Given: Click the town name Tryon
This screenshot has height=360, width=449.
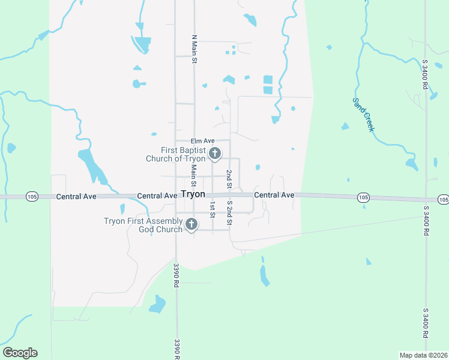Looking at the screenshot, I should tap(193, 195).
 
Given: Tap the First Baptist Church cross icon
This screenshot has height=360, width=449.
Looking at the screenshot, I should tap(214, 155).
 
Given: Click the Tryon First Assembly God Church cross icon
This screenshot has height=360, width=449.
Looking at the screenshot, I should tap(191, 225).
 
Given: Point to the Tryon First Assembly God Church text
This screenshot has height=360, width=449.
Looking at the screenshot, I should tap(143, 225).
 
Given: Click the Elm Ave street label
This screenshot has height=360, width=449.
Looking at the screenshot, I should tap(203, 141).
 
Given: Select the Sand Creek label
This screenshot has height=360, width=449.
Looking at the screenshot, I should tap(363, 115).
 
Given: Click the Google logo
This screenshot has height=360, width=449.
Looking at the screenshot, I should tap(20, 353).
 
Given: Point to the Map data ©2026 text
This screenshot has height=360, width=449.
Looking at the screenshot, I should tap(423, 355).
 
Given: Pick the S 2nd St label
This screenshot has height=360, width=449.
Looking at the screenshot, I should tap(229, 213).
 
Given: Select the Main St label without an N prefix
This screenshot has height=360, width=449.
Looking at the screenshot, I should tap(194, 176).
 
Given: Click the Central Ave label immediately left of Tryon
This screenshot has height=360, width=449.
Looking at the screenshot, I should tap(157, 196).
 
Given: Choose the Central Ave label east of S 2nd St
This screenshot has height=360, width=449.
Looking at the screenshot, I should tap(274, 195).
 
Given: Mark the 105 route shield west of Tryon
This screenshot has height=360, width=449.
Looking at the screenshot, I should tap(32, 196).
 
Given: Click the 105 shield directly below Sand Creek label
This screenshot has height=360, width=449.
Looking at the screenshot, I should tap(363, 197).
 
